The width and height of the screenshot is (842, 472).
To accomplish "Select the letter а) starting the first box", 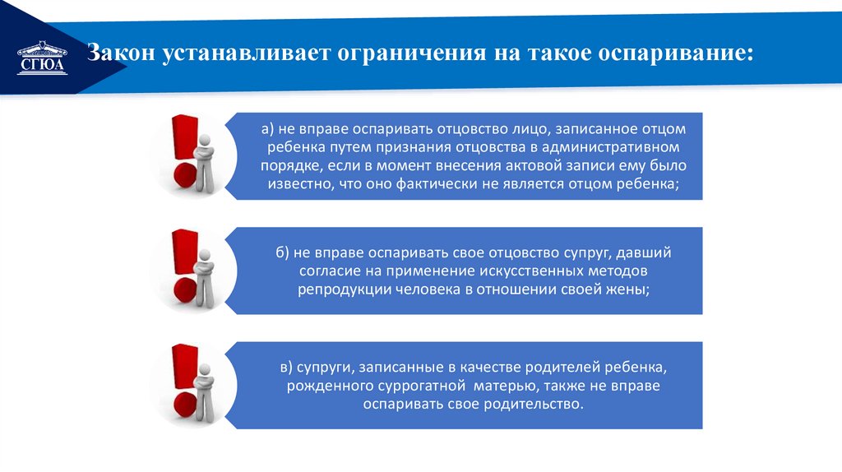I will pos(268,129).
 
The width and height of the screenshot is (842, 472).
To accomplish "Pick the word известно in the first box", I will pos(297,184).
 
